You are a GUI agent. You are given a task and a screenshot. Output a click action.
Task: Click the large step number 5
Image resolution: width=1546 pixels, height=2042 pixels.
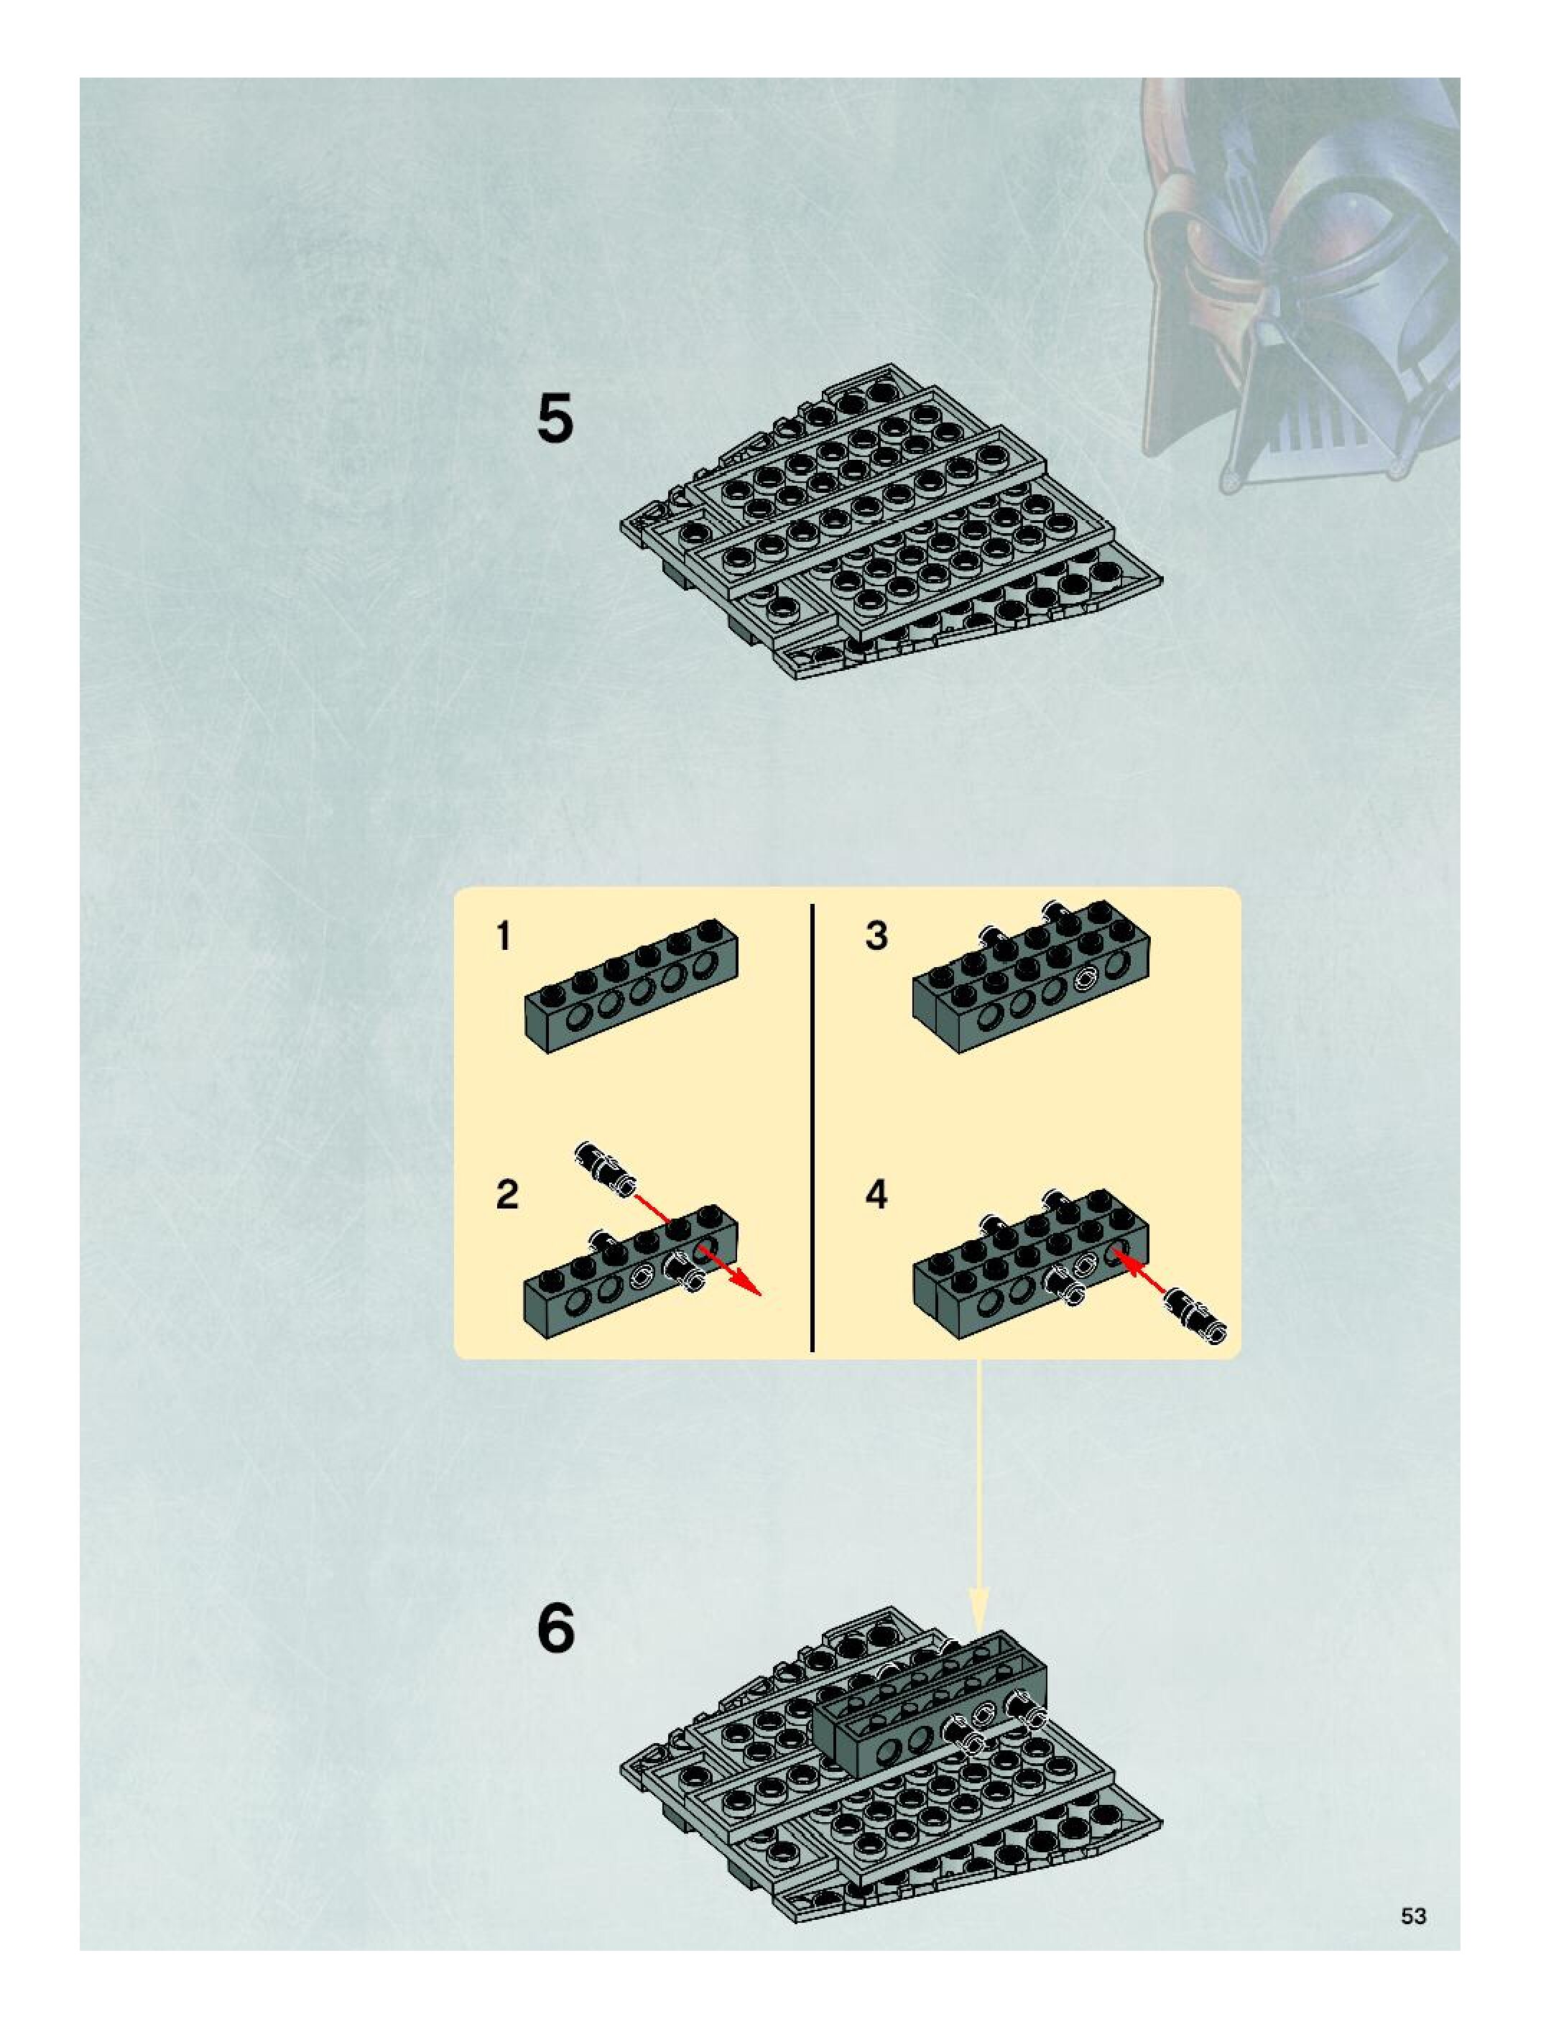pos(555,419)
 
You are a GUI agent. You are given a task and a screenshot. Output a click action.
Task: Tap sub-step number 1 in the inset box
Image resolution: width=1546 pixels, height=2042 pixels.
pos(503,937)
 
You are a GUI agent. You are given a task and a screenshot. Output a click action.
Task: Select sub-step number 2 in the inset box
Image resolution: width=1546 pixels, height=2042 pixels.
pos(506,1195)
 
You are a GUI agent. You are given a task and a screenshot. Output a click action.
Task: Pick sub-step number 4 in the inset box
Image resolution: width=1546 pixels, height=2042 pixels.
pos(876,1195)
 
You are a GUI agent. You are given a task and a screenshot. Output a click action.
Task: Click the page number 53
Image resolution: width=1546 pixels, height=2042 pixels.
pos(1413,1908)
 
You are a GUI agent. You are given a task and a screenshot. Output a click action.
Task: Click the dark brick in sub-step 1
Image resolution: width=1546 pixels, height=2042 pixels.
pos(631,986)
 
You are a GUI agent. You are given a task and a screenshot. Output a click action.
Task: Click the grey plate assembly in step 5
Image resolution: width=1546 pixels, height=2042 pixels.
pos(892,522)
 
